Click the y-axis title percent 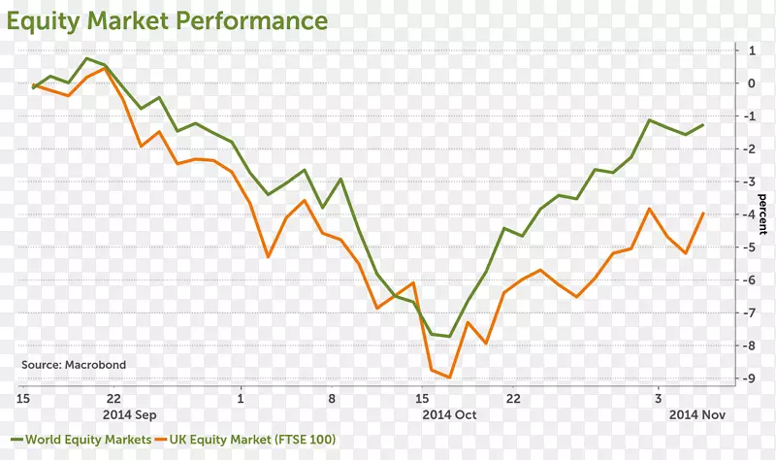(762, 214)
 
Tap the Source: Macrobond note (74, 365)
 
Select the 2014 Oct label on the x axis (449, 414)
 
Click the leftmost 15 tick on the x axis (23, 398)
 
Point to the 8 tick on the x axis (332, 398)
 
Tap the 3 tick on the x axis (658, 398)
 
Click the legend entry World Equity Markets (87, 440)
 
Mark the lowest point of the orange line (450, 378)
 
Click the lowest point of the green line (450, 337)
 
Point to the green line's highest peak (87, 58)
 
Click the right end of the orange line (703, 213)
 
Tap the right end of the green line (703, 124)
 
